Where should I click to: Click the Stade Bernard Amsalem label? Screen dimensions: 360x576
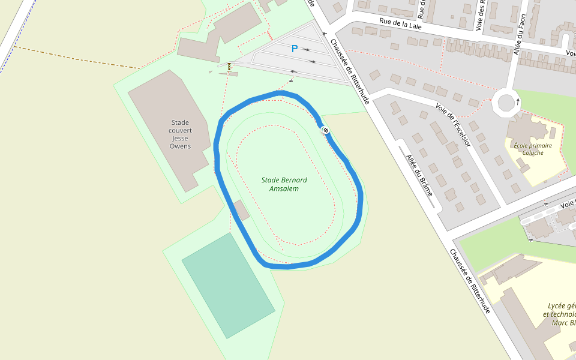click(x=284, y=184)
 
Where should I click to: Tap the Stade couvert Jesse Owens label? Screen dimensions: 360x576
click(x=180, y=134)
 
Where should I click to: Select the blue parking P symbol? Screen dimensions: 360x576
click(x=294, y=49)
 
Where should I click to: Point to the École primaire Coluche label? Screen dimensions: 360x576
click(x=532, y=149)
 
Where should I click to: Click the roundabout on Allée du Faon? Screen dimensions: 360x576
click(x=505, y=103)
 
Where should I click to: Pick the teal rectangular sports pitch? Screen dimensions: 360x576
click(x=228, y=286)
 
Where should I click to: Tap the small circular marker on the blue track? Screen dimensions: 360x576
click(x=325, y=130)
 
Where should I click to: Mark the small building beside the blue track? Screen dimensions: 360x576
click(x=242, y=210)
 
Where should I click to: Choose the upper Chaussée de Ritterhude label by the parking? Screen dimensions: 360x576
click(x=349, y=71)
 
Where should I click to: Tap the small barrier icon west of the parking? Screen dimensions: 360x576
click(x=229, y=67)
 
